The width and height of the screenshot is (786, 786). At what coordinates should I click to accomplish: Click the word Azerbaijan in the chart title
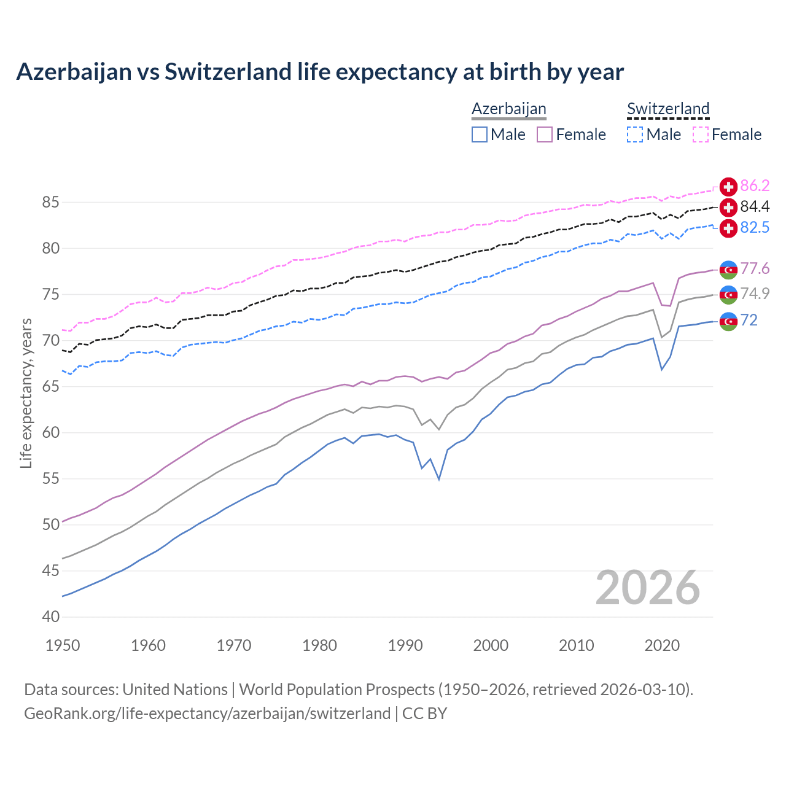74,72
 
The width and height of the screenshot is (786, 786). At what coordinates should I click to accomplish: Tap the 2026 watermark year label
648,588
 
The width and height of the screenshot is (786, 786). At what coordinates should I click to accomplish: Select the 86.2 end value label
755,186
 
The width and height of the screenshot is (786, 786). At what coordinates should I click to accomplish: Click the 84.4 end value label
755,207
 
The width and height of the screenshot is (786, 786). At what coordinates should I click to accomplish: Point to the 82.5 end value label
755,228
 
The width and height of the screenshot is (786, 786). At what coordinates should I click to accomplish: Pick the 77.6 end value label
755,269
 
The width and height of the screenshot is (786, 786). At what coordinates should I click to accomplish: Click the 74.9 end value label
755,294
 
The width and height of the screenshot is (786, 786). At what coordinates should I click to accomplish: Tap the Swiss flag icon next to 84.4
728,207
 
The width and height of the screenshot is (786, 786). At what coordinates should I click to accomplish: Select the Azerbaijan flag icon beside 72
728,321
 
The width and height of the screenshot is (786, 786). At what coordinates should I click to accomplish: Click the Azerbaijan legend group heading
509,109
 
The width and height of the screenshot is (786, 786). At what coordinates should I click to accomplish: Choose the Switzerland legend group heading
668,109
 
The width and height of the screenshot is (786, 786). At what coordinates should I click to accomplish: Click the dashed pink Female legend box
701,134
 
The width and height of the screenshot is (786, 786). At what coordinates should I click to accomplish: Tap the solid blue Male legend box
480,134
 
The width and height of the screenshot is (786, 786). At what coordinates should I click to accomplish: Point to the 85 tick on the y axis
51,202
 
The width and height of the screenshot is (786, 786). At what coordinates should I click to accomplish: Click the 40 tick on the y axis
51,617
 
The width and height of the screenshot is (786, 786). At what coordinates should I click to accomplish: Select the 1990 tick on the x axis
405,645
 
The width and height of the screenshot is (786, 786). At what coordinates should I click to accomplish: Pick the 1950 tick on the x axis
63,645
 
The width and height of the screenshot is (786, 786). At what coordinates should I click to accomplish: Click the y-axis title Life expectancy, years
26,393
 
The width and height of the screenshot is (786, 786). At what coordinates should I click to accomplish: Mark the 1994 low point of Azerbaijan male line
439,479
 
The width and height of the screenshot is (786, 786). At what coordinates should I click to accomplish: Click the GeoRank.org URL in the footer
207,714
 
